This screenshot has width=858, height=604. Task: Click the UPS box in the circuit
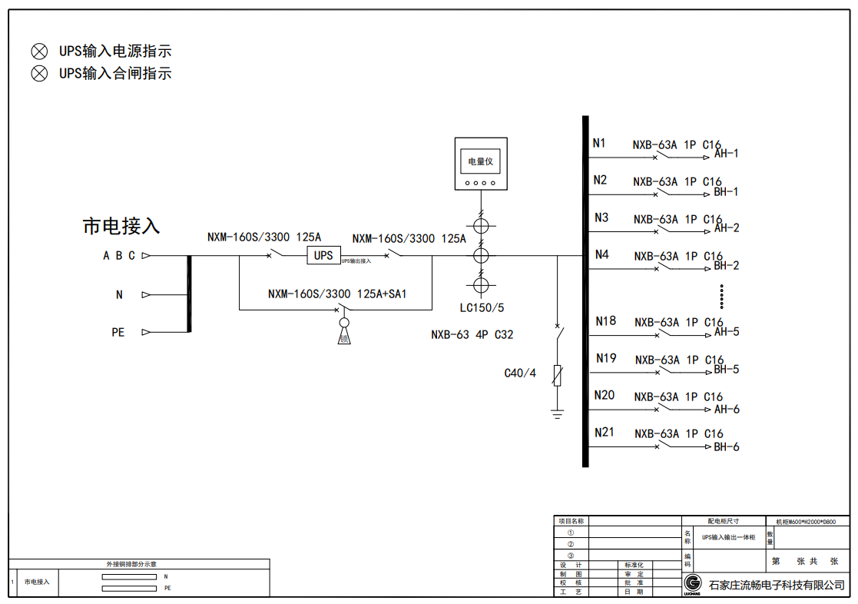(x=323, y=255)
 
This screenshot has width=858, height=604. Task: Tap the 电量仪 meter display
(x=481, y=162)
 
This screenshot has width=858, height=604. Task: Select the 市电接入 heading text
(x=121, y=226)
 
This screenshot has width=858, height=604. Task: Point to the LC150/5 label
(x=482, y=308)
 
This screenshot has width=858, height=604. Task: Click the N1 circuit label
(x=599, y=143)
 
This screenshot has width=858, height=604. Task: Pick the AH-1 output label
(x=727, y=154)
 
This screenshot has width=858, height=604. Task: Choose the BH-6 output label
(x=727, y=447)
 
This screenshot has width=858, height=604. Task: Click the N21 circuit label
(x=605, y=433)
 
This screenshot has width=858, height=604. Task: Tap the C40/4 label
(x=520, y=373)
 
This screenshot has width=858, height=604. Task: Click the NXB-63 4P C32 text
(x=472, y=335)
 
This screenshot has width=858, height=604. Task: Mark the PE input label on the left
(x=118, y=332)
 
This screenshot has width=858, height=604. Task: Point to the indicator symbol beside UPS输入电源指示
(x=39, y=51)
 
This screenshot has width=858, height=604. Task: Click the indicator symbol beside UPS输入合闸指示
(x=39, y=74)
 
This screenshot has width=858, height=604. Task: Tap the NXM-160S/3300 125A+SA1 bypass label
(x=337, y=294)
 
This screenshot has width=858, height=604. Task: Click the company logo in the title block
(x=692, y=583)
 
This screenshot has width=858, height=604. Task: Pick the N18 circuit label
(x=605, y=321)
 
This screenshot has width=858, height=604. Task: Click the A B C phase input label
(x=119, y=256)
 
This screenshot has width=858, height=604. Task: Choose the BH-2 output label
(x=727, y=266)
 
